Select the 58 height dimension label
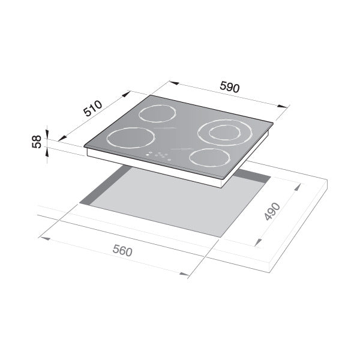tap(37, 142)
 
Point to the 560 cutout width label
tap(122, 251)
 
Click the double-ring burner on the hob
tap(223, 132)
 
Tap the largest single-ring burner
tap(130, 138)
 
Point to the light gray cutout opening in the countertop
tap(174, 201)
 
